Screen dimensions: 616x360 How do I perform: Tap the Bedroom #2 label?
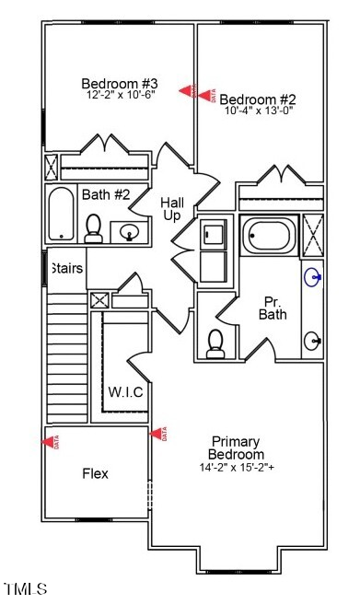click(251, 99)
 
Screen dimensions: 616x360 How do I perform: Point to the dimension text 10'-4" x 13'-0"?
click(251, 111)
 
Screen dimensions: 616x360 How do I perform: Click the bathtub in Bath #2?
click(62, 215)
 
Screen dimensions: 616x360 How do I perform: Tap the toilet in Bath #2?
click(93, 227)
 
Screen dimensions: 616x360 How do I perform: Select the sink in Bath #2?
click(130, 231)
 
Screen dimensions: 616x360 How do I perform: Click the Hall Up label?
click(172, 208)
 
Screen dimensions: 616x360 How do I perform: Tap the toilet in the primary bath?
click(215, 343)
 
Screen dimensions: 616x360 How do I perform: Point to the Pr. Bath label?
click(273, 308)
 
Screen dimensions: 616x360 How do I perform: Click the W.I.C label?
click(125, 392)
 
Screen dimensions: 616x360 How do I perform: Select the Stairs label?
click(66, 269)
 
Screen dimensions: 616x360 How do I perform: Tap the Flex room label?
click(95, 473)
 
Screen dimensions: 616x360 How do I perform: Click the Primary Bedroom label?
click(237, 447)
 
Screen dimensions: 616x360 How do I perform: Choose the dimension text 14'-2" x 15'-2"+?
click(237, 467)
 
